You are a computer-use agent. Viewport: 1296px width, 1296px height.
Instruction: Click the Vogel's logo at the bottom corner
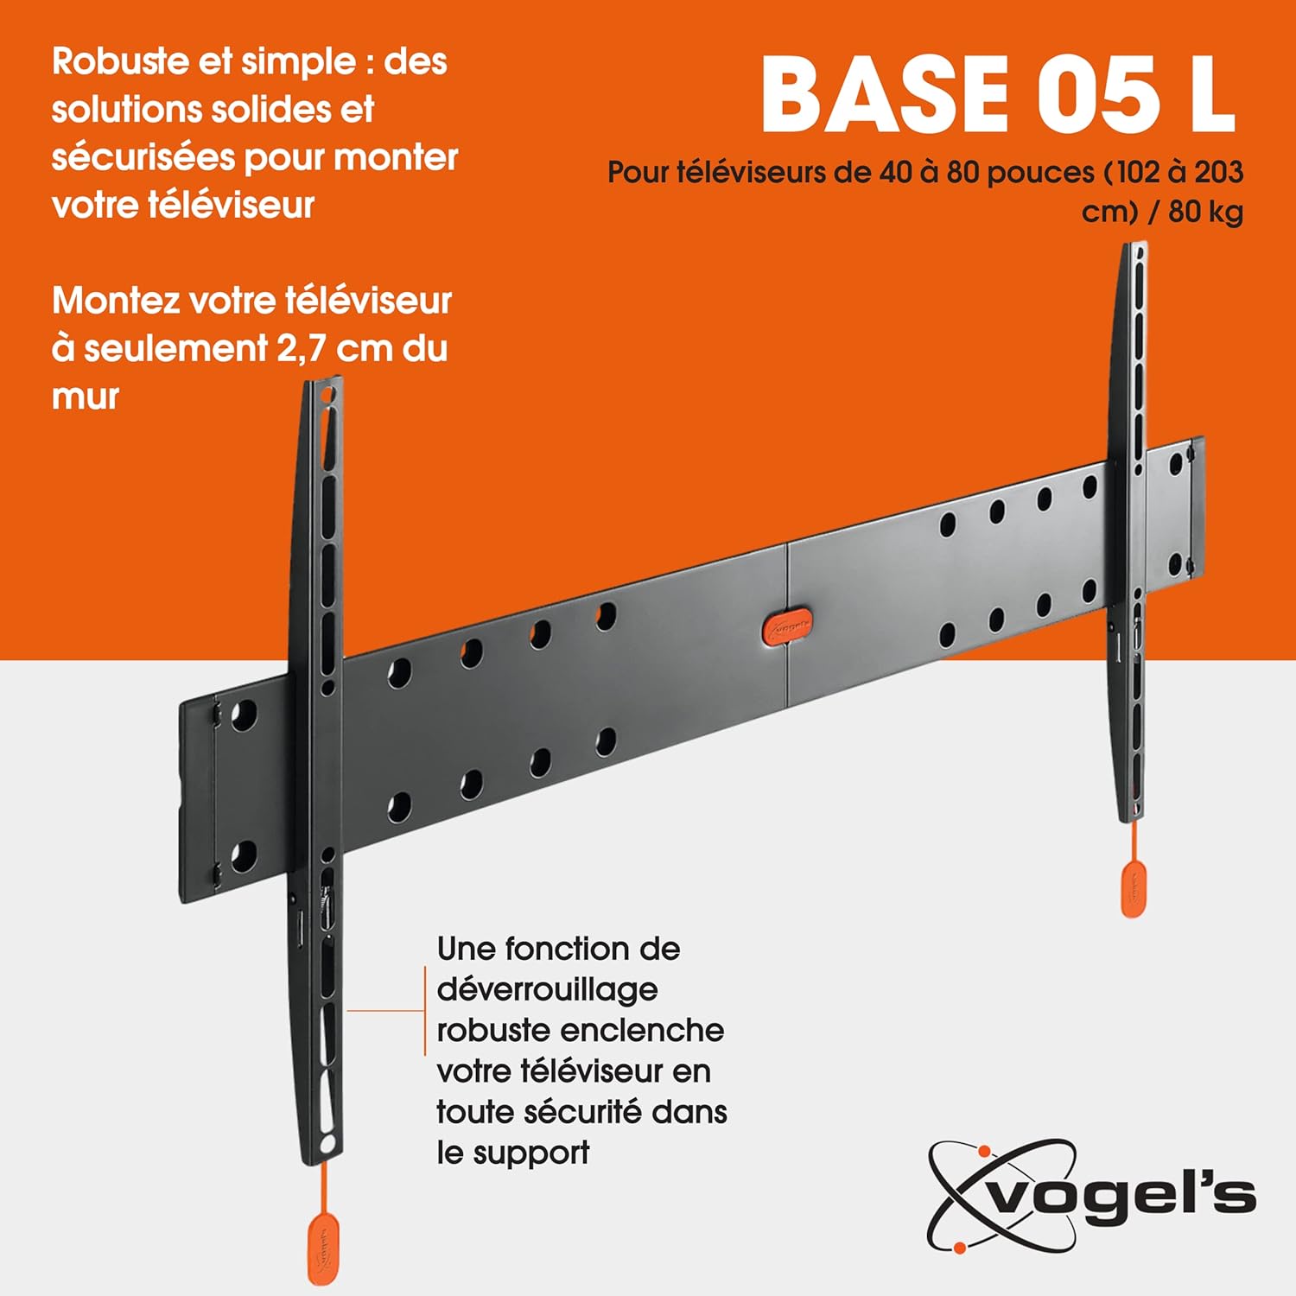click(x=1091, y=1197)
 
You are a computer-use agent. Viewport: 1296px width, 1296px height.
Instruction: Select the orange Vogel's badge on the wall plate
click(x=786, y=628)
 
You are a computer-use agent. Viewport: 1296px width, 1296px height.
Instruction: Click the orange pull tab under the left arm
click(x=323, y=1248)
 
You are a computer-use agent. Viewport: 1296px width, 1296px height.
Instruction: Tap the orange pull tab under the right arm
click(x=1134, y=888)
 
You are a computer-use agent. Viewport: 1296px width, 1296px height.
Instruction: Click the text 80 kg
click(x=1205, y=212)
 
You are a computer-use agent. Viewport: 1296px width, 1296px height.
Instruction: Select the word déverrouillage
click(x=547, y=990)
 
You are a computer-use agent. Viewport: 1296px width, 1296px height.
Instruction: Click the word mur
click(x=85, y=397)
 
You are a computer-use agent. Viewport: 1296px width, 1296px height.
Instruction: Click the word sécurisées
click(x=143, y=158)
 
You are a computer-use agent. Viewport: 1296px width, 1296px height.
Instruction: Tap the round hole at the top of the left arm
click(x=327, y=396)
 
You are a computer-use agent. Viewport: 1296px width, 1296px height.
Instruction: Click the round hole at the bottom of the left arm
click(x=327, y=1144)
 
